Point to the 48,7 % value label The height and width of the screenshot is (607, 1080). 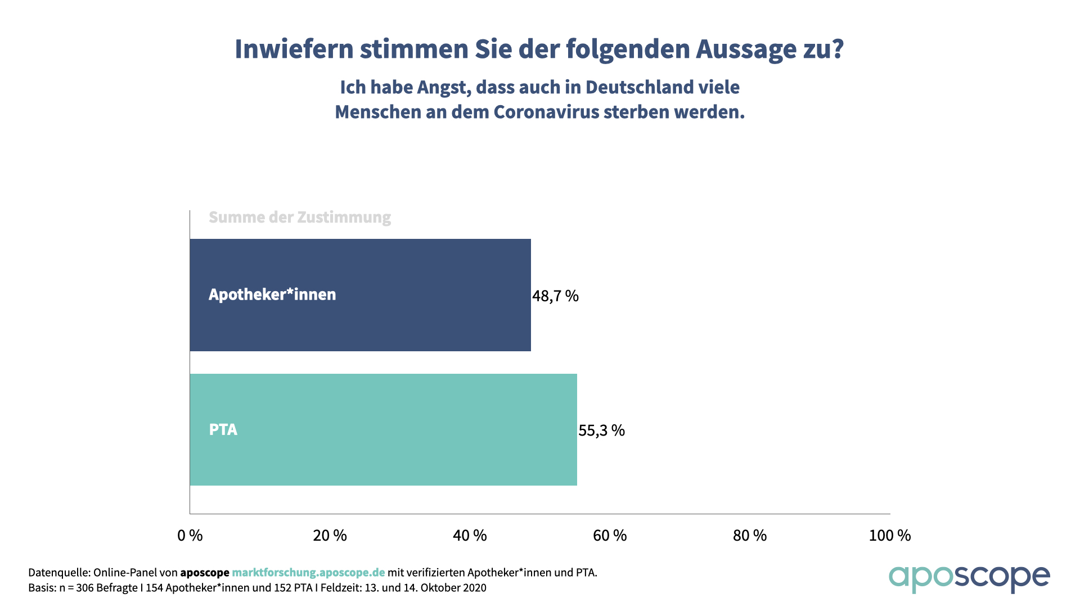(555, 296)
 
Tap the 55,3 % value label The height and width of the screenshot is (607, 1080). (601, 431)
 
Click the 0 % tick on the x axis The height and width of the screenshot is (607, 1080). (190, 536)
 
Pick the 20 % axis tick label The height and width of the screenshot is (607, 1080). (330, 536)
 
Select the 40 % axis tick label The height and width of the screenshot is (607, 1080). (470, 536)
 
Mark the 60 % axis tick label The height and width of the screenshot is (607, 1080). (610, 536)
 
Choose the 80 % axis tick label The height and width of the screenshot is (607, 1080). (750, 536)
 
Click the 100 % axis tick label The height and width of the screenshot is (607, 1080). (889, 536)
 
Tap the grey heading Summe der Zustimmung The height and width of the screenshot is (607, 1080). (300, 218)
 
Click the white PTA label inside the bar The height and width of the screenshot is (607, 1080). (223, 430)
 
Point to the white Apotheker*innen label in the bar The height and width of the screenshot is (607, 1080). (272, 295)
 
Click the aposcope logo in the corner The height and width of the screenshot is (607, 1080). (969, 578)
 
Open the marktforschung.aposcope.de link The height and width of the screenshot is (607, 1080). (308, 573)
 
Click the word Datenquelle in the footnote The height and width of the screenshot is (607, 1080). (58, 573)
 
